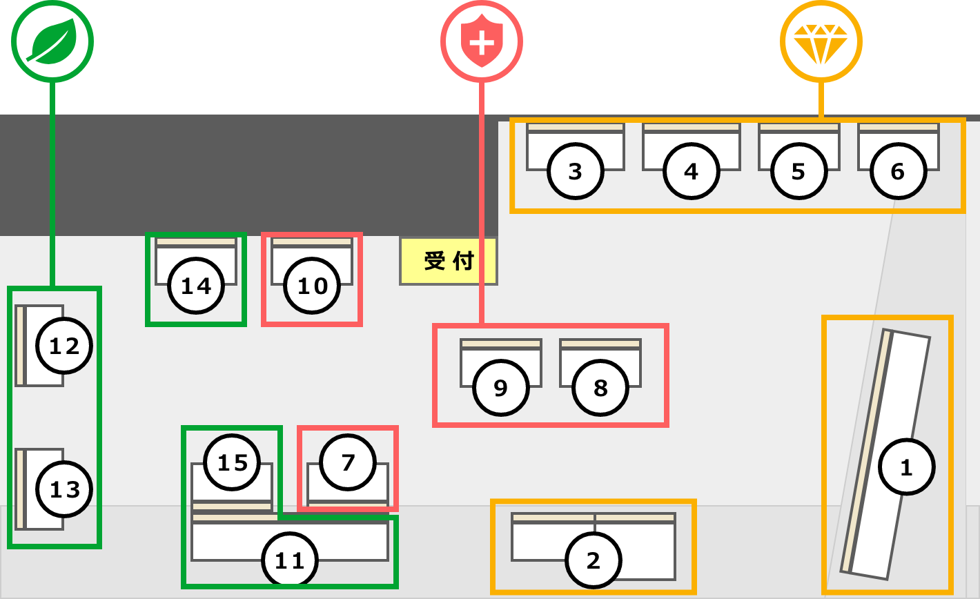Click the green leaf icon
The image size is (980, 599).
click(52, 41)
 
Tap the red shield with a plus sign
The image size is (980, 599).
click(482, 41)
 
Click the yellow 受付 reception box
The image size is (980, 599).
click(449, 262)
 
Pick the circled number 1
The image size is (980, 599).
click(907, 467)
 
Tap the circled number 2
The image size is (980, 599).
click(594, 560)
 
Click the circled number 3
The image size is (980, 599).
click(576, 171)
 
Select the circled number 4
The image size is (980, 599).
click(692, 171)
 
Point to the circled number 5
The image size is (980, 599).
click(799, 171)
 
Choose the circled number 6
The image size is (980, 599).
click(898, 171)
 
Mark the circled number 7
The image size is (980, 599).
click(348, 462)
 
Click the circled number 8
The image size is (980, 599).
click(600, 388)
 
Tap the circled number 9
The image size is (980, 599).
click(501, 388)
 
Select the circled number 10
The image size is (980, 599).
click(312, 286)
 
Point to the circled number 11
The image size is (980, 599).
click(290, 560)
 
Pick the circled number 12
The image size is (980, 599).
click(64, 346)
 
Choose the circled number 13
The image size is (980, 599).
click(64, 489)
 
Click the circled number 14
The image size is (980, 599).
click(196, 286)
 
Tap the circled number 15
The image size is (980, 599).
click(232, 462)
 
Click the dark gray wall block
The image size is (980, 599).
click(249, 175)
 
